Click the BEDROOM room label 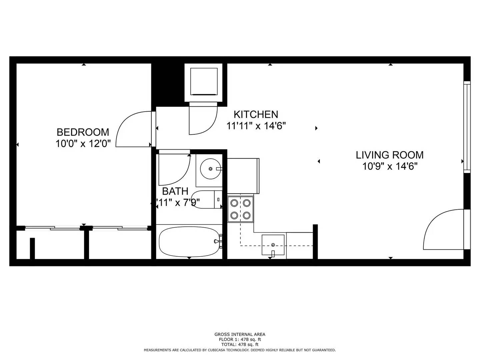83,132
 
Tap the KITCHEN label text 256,114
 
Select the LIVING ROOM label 389,155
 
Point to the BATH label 175,191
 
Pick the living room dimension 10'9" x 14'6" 390,166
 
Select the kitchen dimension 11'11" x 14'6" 256,126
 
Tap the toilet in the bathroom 207,199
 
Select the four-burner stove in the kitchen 240,209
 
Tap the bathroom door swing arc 173,168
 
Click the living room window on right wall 467,126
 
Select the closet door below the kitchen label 202,119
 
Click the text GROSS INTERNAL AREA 240,334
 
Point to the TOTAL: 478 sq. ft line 240,344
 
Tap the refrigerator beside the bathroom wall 243,176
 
